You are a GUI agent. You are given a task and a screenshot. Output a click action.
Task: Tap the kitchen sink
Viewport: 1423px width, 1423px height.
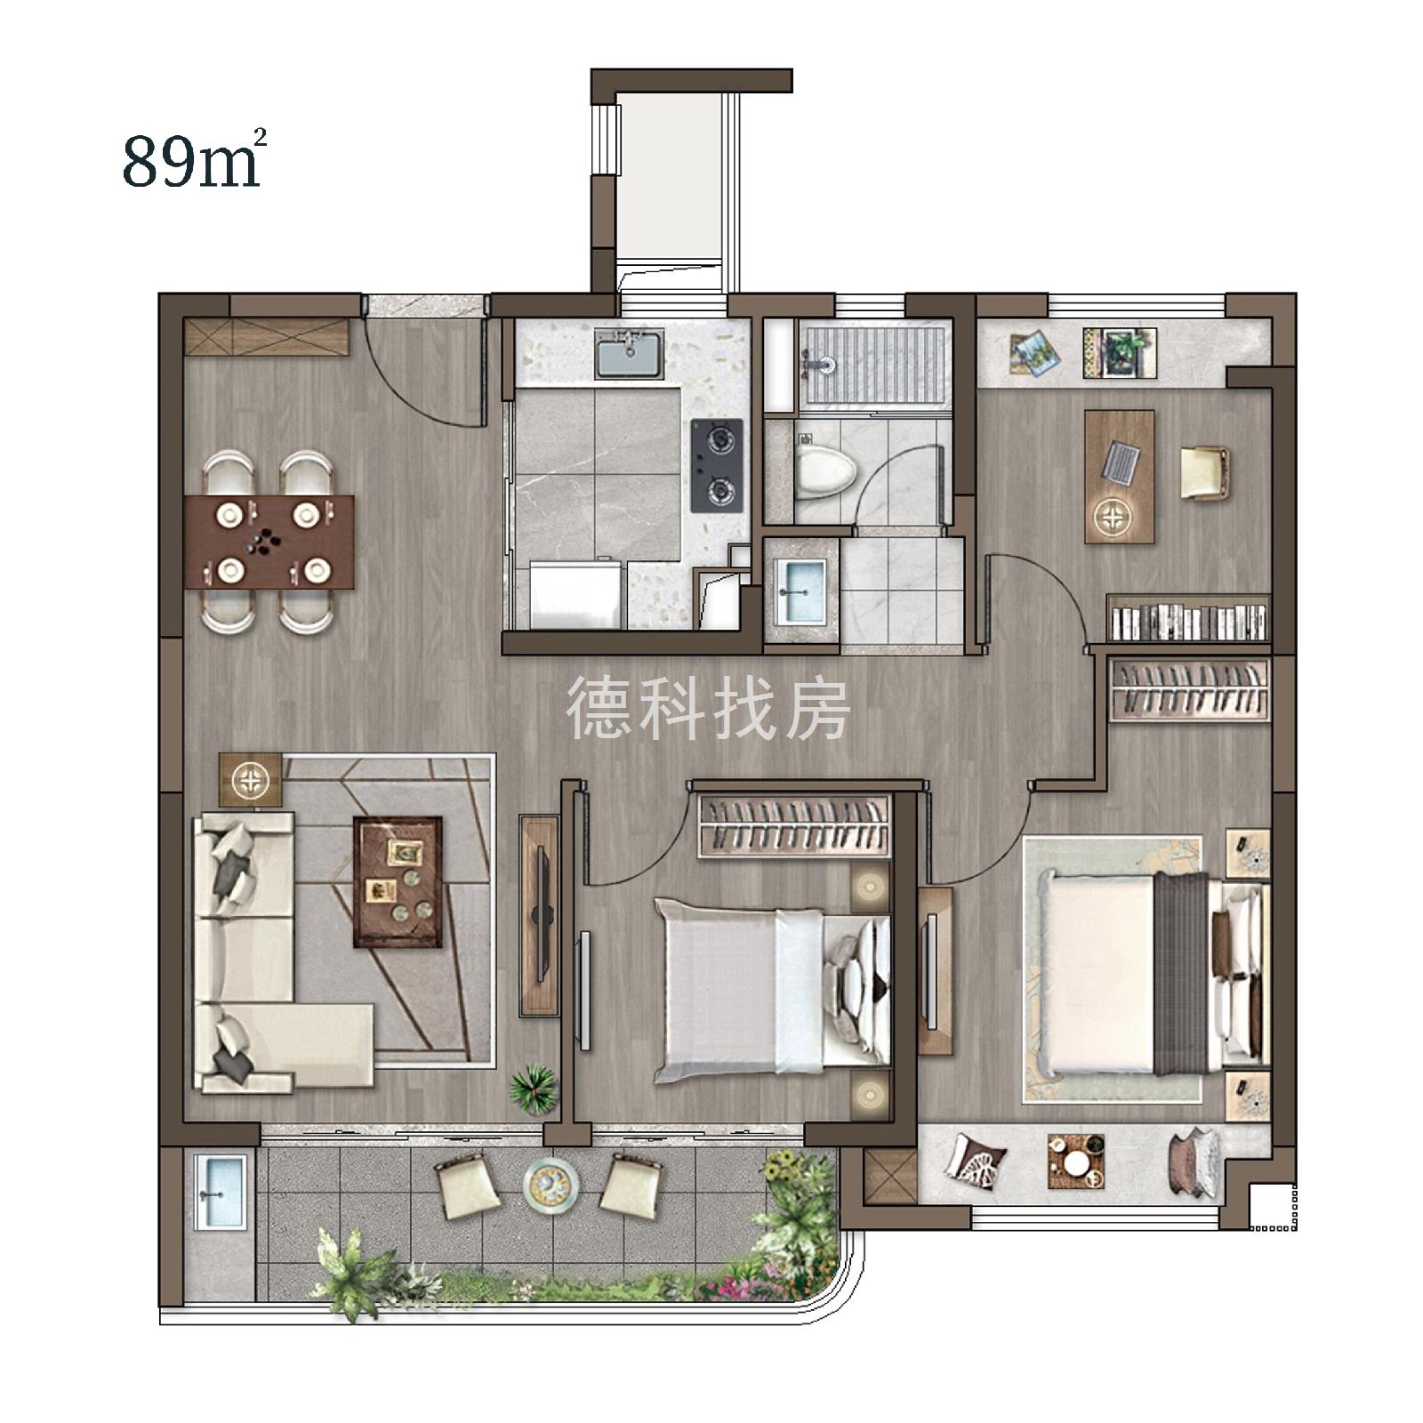coord(630,353)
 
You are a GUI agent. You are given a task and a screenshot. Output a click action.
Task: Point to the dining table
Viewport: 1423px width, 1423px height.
coord(269,542)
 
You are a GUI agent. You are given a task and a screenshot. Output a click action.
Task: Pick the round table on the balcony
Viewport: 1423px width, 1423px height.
coord(551,1184)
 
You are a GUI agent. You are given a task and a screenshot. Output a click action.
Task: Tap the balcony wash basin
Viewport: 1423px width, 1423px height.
coord(219,1192)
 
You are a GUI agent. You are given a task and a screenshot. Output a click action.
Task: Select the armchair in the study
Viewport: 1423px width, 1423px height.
coord(1205,472)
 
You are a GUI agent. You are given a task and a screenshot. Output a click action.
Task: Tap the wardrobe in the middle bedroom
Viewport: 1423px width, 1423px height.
coord(794,826)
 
